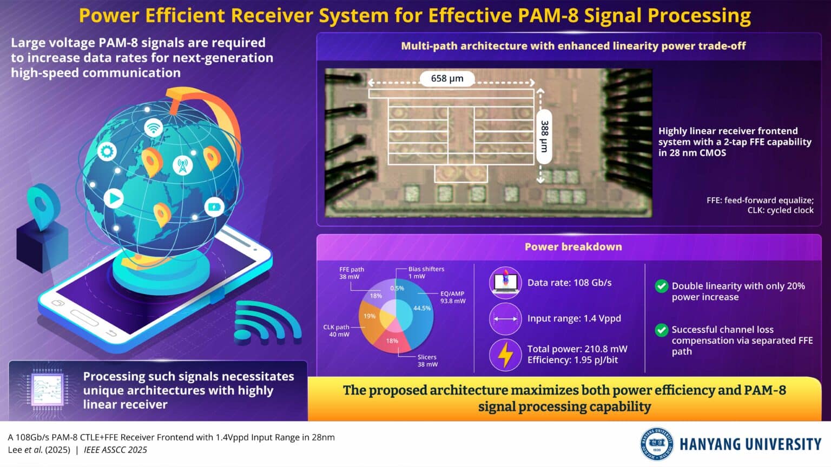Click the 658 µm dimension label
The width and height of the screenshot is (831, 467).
click(x=447, y=79)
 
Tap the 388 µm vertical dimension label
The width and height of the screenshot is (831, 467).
click(x=544, y=136)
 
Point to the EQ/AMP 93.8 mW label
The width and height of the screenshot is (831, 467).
click(x=453, y=297)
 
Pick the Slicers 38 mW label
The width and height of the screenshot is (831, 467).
click(x=427, y=361)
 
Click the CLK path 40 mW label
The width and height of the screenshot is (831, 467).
click(x=337, y=331)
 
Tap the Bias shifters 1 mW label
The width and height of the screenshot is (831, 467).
click(x=426, y=272)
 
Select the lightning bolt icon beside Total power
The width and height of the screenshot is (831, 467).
click(x=505, y=355)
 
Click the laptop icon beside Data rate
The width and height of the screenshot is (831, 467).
click(x=505, y=283)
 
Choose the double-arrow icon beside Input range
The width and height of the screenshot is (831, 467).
click(x=505, y=319)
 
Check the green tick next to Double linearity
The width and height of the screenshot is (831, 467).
click(x=661, y=286)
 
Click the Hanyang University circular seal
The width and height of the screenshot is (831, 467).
click(x=657, y=443)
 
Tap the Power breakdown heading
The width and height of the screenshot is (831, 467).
click(x=573, y=247)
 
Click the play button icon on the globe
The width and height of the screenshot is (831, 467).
click(x=113, y=198)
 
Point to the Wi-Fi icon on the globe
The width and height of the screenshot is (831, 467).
click(x=154, y=128)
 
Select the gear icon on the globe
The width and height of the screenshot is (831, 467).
click(x=107, y=151)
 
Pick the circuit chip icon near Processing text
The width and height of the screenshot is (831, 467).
click(x=48, y=390)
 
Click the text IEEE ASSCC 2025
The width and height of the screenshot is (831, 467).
click(x=115, y=450)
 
